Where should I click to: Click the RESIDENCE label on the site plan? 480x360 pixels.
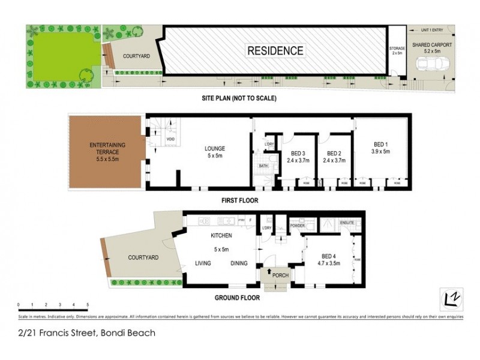275,50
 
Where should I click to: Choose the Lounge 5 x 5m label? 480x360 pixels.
214,152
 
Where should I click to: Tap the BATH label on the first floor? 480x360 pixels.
263,166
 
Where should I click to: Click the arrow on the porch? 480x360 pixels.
268,272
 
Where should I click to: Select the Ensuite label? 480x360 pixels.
347,223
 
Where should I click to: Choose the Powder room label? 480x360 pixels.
298,226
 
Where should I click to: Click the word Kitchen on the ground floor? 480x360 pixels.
220,236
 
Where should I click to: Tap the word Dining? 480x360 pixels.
239,262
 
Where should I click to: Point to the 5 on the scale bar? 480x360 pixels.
88,305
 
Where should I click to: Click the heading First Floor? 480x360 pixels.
239,200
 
